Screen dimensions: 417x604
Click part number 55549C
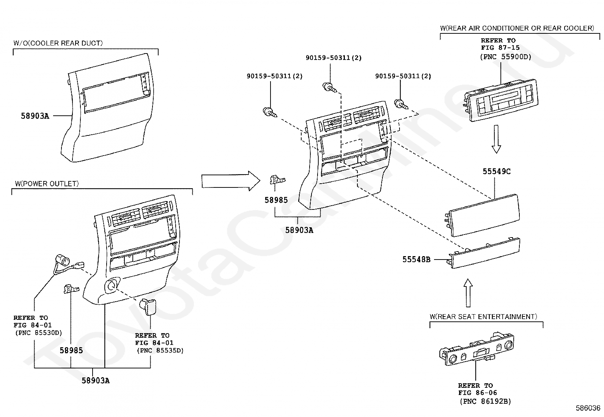click(x=496, y=172)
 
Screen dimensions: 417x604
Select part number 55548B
click(x=416, y=260)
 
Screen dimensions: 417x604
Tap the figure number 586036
click(x=588, y=408)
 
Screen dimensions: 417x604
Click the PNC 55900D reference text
click(x=505, y=57)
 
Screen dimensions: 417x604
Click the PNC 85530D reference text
click(x=38, y=333)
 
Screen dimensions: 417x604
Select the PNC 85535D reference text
click(x=160, y=350)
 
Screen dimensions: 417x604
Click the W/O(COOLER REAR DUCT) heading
click(x=58, y=43)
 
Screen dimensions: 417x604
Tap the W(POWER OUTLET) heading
click(x=47, y=184)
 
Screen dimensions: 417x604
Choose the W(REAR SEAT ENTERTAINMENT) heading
click(x=483, y=316)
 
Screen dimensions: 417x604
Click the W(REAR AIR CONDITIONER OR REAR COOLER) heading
click(x=517, y=28)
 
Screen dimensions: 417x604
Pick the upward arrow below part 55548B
click(x=468, y=293)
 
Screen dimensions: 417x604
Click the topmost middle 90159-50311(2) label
click(x=333, y=58)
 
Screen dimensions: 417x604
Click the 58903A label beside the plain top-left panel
click(x=35, y=116)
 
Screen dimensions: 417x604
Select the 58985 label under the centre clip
click(x=276, y=200)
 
